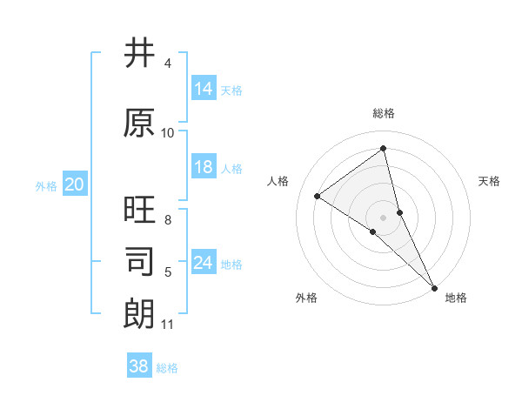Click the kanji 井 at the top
pos(139,55)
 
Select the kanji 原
pos(139,123)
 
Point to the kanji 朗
pos(139,313)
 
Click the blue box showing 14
pos(204,89)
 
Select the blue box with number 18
pos(204,167)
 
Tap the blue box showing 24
pos(204,263)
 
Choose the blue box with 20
pos(75,184)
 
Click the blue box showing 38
pos(139,366)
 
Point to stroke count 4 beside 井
pos(167,64)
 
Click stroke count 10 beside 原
pos(168,133)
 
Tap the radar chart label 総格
pos(384,113)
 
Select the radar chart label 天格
pos(490,181)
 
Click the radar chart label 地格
pos(456,298)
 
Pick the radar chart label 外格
pos(306,298)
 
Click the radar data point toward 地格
pos(434,286)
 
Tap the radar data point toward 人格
pos(317,196)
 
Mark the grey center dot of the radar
pos(383,217)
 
